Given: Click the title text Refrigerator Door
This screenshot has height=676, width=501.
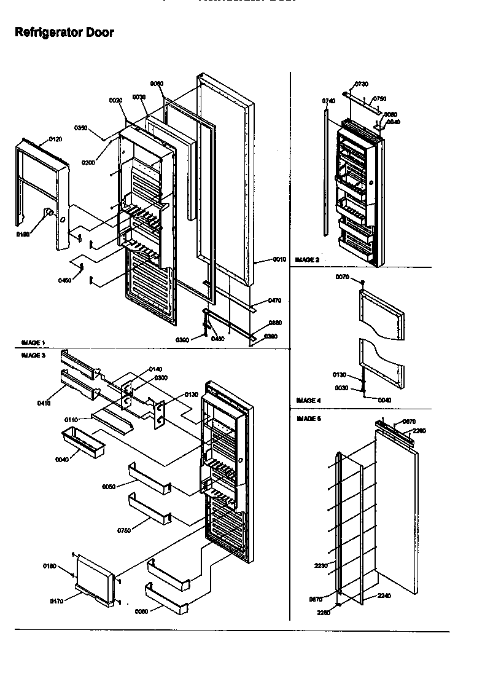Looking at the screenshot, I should [x=64, y=33].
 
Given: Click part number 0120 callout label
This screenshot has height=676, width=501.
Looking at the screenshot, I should [x=55, y=140].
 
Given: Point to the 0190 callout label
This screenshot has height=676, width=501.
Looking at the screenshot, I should [x=22, y=234].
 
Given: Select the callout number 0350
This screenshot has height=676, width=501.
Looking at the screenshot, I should [x=80, y=128].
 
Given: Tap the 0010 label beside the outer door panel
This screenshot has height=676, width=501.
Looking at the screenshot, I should [x=280, y=259].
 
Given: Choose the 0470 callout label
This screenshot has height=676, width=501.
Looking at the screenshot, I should [x=274, y=301].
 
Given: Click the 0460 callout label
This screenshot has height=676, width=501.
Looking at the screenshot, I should [x=64, y=280].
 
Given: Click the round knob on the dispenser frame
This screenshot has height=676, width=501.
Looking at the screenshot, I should [x=47, y=213].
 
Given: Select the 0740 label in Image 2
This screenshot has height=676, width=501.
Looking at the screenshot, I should [x=328, y=101].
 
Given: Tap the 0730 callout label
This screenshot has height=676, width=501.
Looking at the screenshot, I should [x=362, y=84].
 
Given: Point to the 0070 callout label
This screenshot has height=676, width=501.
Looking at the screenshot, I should [x=343, y=277].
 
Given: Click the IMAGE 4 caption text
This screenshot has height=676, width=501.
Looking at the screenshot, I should [x=308, y=400].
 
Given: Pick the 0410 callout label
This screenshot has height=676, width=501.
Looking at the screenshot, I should [x=44, y=403].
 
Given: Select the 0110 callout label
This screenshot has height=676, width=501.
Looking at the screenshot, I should [x=71, y=419].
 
